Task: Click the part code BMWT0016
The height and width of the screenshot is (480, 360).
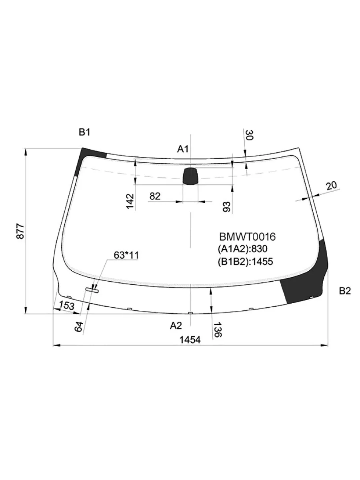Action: pyautogui.click(x=247, y=237)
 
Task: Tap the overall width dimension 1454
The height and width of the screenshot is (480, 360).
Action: pyautogui.click(x=190, y=340)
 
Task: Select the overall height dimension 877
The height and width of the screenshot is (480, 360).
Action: pyautogui.click(x=20, y=231)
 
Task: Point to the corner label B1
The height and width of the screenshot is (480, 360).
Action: pyautogui.click(x=84, y=132)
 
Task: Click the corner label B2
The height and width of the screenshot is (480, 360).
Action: pyautogui.click(x=345, y=291)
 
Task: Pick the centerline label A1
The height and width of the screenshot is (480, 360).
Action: pyautogui.click(x=182, y=149)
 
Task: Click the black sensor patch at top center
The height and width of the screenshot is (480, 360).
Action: pyautogui.click(x=190, y=176)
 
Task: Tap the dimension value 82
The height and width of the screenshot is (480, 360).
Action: pyautogui.click(x=155, y=196)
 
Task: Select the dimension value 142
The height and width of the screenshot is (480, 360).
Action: pyautogui.click(x=130, y=201)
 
